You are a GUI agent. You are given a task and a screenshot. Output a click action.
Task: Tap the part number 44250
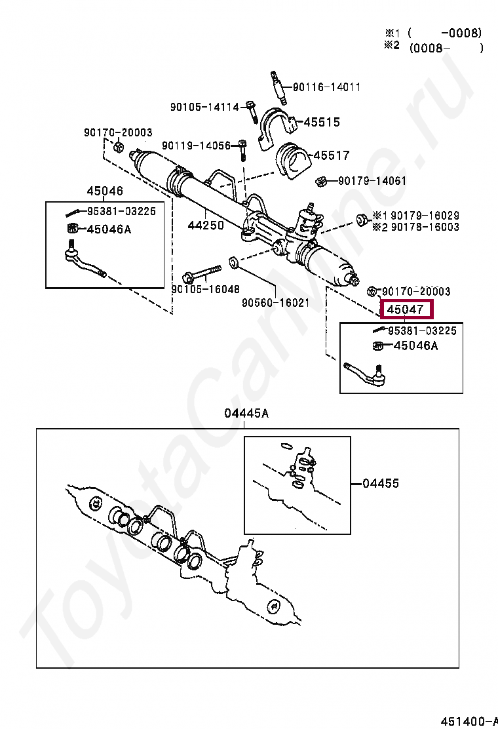coord(206,225)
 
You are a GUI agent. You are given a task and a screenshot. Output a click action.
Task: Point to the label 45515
coord(320,123)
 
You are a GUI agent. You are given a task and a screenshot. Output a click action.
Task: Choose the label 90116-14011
coord(326,87)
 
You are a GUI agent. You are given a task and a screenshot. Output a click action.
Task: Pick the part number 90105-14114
coord(204,107)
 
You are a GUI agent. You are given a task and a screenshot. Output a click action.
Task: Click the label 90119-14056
coord(197,146)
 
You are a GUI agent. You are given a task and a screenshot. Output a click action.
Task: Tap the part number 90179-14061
coord(372,181)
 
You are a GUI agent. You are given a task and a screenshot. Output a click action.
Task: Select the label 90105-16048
coord(206,288)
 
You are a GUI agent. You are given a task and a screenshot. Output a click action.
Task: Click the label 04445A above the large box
coord(246,414)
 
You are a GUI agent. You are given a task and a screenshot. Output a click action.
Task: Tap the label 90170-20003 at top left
coord(118,132)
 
